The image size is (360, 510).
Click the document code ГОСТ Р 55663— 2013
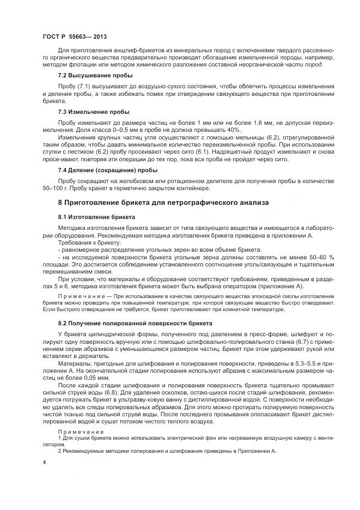pos(74,37)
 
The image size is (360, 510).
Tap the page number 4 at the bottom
pos(44,462)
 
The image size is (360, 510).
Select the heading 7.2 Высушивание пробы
pos(95,75)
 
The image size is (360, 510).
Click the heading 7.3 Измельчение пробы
pos(94,112)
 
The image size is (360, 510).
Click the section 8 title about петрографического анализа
pos(163,202)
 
